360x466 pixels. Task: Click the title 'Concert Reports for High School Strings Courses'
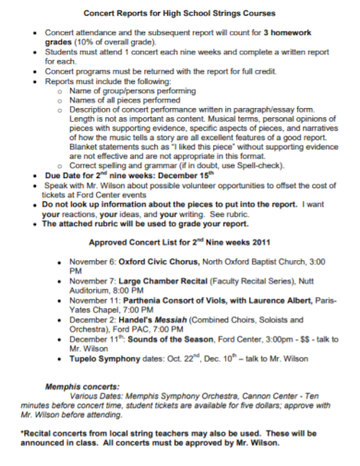tap(180, 13)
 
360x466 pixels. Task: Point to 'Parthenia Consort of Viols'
tap(174, 302)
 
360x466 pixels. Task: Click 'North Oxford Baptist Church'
tap(238, 261)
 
